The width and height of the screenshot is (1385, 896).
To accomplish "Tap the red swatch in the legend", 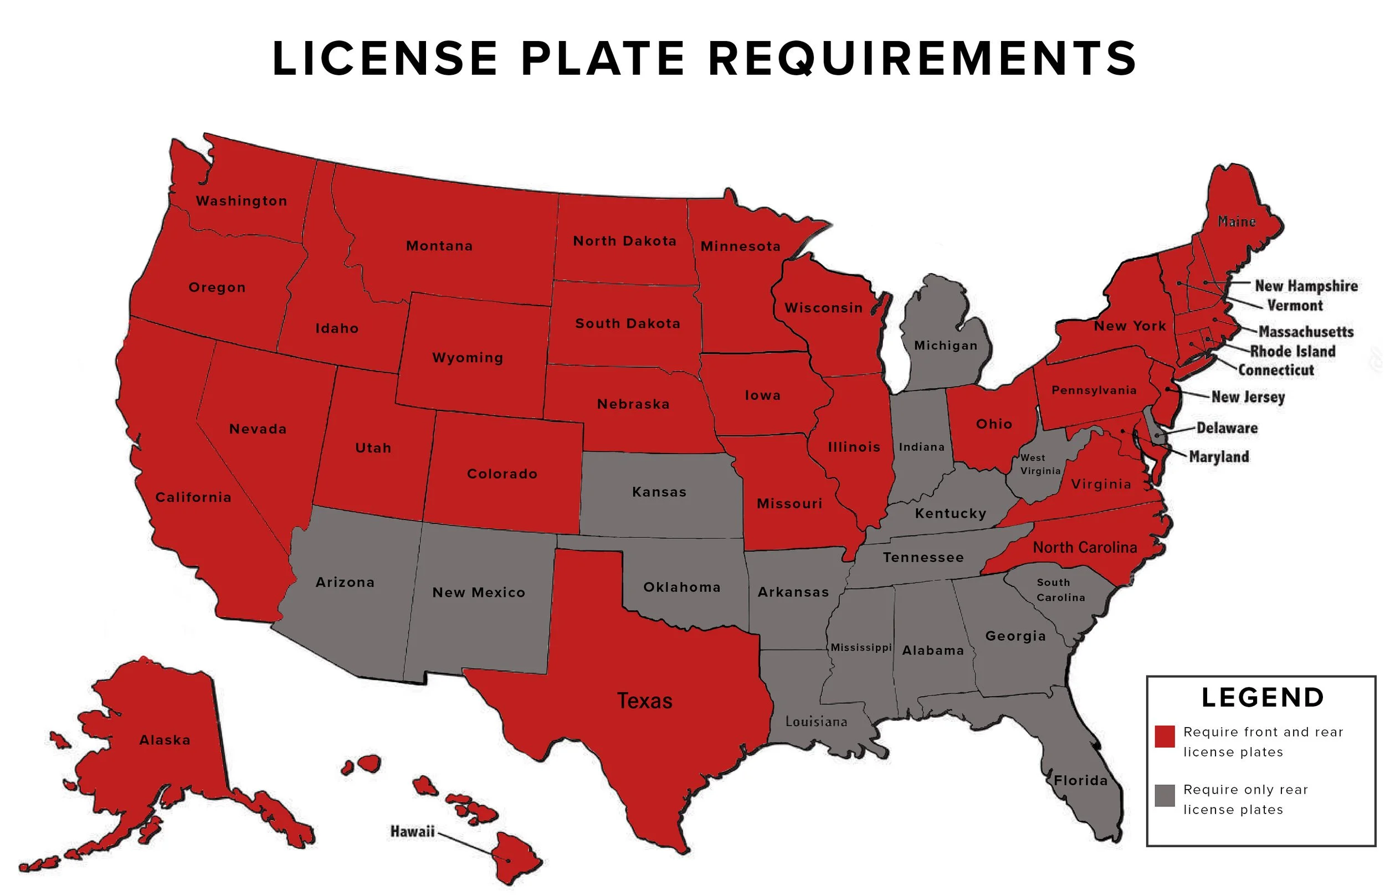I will tap(1165, 736).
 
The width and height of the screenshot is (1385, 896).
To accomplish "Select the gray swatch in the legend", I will tap(1165, 795).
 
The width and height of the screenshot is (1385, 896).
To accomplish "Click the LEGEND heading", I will tap(1263, 698).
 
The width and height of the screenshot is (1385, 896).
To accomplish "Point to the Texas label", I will tap(644, 701).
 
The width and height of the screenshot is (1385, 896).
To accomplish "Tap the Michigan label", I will tap(946, 346).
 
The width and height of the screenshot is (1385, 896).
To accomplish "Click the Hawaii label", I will tap(412, 831).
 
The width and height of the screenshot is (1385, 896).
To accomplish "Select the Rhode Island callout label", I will tap(1292, 352).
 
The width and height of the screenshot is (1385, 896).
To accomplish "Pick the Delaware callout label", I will tap(1227, 428).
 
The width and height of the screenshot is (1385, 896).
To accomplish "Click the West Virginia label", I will tap(1040, 464).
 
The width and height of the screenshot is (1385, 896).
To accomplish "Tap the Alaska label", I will tap(165, 740).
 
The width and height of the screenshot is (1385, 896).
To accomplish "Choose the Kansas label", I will tap(659, 492).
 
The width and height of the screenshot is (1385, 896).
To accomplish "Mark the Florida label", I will tap(1081, 781).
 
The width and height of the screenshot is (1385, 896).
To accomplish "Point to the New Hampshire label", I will tap(1306, 286).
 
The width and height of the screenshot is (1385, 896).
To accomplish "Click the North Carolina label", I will tap(1085, 548).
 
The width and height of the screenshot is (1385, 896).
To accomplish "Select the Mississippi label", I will tap(861, 647).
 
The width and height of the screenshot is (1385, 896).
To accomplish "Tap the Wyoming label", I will tap(468, 358).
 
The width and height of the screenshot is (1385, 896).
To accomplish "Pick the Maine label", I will tap(1237, 222).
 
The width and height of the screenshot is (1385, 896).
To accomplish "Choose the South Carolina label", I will tap(1060, 590).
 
